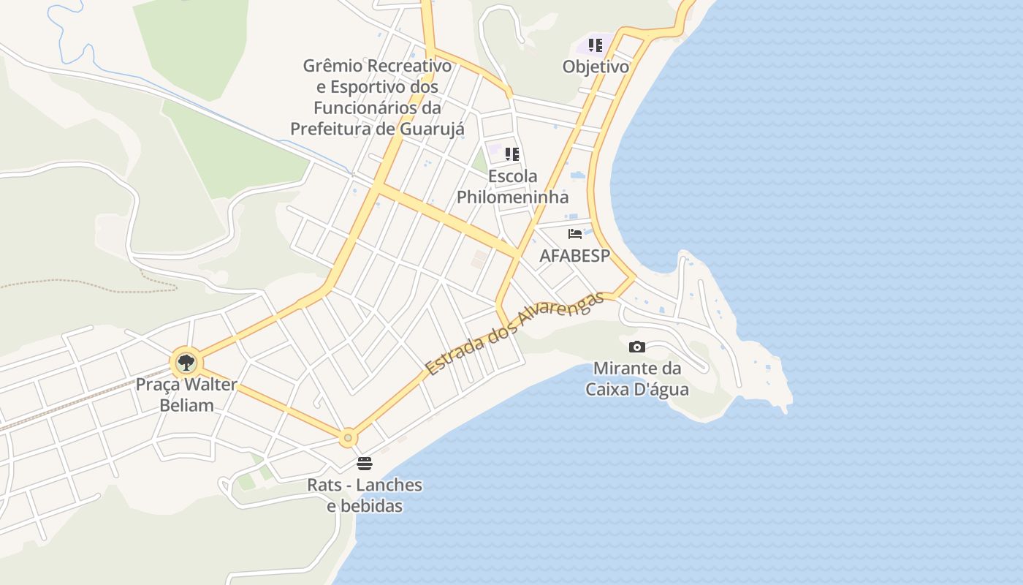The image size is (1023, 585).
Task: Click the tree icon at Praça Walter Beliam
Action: (x=186, y=361)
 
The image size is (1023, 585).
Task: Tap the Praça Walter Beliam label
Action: (x=186, y=395)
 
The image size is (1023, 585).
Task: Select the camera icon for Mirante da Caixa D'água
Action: (x=637, y=347)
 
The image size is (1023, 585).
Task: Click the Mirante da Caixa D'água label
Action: (x=637, y=379)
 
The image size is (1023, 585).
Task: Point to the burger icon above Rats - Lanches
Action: (x=365, y=463)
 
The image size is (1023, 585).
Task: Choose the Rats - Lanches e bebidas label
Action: (x=365, y=495)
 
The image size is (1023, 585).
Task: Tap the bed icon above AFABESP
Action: (x=575, y=234)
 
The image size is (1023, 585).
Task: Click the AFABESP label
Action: (x=574, y=256)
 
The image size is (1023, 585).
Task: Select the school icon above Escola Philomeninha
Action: (x=512, y=154)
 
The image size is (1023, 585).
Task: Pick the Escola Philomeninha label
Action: (x=512, y=186)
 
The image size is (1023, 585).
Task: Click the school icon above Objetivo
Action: (x=596, y=45)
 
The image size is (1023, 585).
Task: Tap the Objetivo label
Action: (x=596, y=67)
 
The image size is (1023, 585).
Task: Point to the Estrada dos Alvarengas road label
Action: (x=515, y=333)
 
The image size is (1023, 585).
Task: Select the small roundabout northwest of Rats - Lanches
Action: (x=348, y=438)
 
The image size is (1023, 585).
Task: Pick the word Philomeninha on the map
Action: (x=512, y=197)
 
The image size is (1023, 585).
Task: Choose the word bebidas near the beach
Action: (x=371, y=505)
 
